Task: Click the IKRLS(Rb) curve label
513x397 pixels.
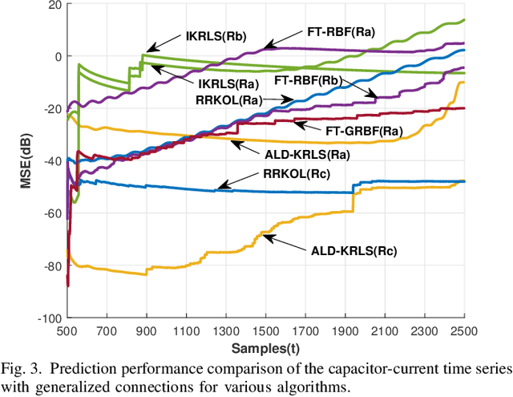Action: point(217,35)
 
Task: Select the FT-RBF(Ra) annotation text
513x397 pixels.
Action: point(340,33)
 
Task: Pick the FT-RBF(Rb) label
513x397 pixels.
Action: point(308,80)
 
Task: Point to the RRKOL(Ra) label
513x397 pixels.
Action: point(228,100)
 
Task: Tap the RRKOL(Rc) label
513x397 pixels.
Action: point(297,175)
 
